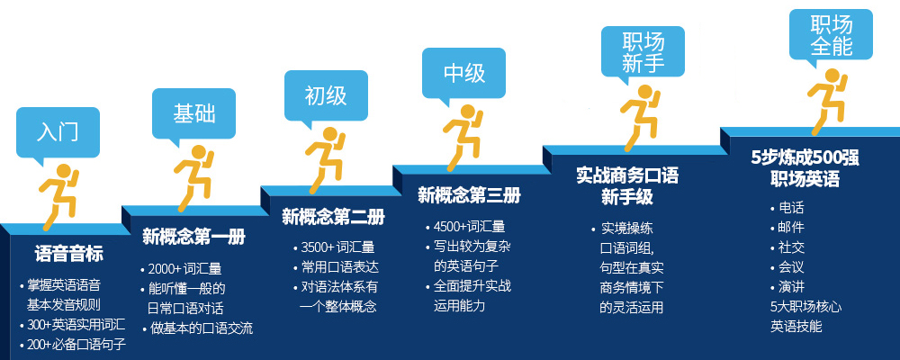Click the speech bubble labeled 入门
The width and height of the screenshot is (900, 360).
click(x=58, y=132)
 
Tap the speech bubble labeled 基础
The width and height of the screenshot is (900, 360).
click(x=193, y=113)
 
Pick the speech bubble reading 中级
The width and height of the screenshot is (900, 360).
click(x=463, y=73)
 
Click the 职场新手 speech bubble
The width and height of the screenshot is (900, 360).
click(x=643, y=51)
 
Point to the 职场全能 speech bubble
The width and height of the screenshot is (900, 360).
click(x=831, y=34)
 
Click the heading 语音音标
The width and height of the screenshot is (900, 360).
click(x=69, y=254)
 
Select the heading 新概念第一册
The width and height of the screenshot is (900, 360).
click(x=194, y=237)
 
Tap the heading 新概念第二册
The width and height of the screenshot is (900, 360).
click(x=333, y=217)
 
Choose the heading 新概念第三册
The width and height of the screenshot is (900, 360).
click(x=469, y=196)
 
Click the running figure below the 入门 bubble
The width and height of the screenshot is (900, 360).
click(x=58, y=196)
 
